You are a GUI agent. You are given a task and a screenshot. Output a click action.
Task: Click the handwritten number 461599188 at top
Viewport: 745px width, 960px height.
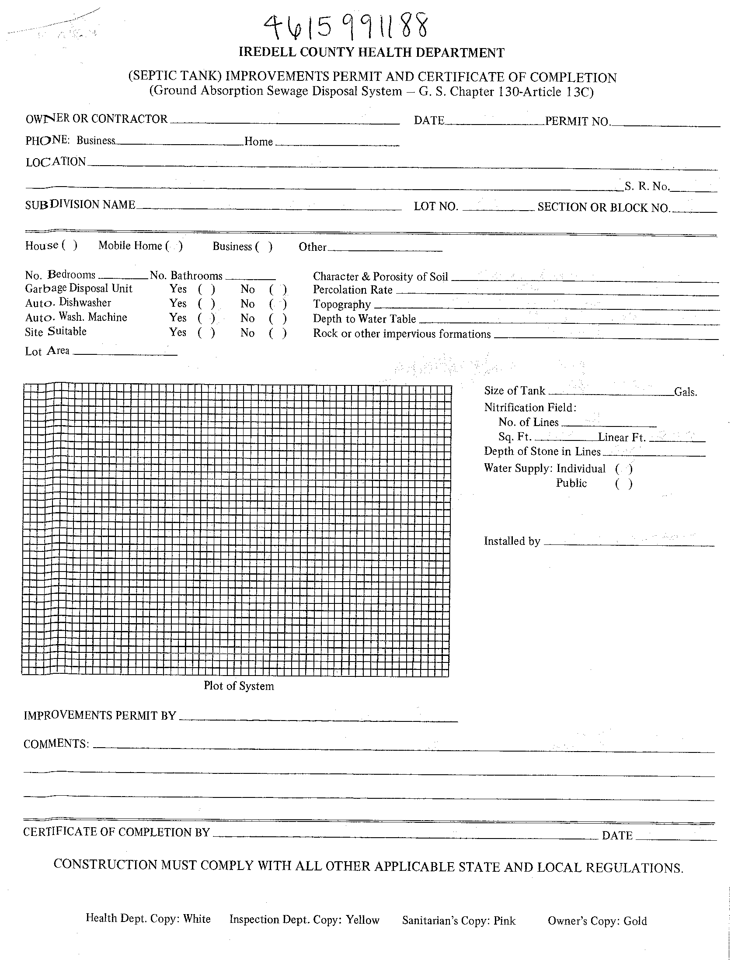coord(345,26)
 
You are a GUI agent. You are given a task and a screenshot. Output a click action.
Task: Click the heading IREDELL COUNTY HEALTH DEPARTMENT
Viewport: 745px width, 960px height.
coord(372,53)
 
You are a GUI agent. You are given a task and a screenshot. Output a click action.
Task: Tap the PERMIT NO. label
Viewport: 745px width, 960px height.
coord(578,121)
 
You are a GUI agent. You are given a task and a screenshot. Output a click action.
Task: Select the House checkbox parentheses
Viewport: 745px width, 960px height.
coord(70,245)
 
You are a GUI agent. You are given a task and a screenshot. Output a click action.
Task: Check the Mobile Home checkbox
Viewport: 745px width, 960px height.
coord(174,246)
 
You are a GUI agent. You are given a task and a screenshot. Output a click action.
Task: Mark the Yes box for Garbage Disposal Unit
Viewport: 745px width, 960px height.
coord(206,289)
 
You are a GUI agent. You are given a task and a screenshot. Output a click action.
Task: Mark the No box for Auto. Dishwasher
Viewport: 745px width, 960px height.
coord(278,304)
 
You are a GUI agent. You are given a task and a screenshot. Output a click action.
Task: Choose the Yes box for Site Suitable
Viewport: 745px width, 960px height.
coord(206,333)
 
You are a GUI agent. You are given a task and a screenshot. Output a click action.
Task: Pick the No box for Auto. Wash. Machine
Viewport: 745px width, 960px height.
coord(278,318)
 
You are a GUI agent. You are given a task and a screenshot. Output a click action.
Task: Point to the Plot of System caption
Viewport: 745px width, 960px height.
coord(239,686)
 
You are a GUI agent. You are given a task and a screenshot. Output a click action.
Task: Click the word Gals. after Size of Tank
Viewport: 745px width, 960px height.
coord(686,392)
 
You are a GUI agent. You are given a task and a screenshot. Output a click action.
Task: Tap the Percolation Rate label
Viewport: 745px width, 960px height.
coord(353,290)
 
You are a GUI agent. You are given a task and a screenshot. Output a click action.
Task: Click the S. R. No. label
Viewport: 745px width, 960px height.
coord(647,187)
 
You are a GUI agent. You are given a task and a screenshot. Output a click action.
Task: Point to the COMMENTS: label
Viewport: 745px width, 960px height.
coord(56,744)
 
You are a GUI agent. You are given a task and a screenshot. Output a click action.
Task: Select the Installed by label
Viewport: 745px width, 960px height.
coord(512,541)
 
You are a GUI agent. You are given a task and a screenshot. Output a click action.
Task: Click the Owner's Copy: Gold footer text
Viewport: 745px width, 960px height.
coord(597,921)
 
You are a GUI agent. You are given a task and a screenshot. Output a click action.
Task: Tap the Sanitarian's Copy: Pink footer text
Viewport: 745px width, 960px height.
coord(459,920)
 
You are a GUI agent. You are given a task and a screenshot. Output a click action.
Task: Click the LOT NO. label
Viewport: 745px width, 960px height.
coord(436,206)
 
